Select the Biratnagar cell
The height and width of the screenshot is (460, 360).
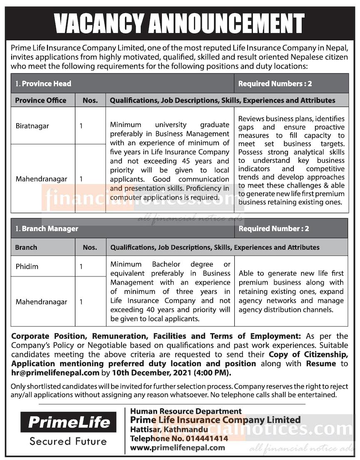tap(32, 126)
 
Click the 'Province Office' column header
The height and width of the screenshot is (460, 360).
tap(41, 100)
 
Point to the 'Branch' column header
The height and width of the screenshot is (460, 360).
tap(26, 247)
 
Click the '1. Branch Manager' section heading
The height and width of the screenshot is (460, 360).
tap(47, 229)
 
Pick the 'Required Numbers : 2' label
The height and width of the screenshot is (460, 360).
tap(275, 84)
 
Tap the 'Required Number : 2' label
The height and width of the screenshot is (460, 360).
tap(274, 229)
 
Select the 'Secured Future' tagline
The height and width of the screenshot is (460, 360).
tap(68, 441)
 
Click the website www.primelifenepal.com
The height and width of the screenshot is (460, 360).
tap(178, 448)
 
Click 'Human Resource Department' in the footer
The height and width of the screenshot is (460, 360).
tap(186, 411)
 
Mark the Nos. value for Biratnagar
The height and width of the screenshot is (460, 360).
tap(81, 126)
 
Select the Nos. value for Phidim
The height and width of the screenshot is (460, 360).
tap(81, 266)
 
